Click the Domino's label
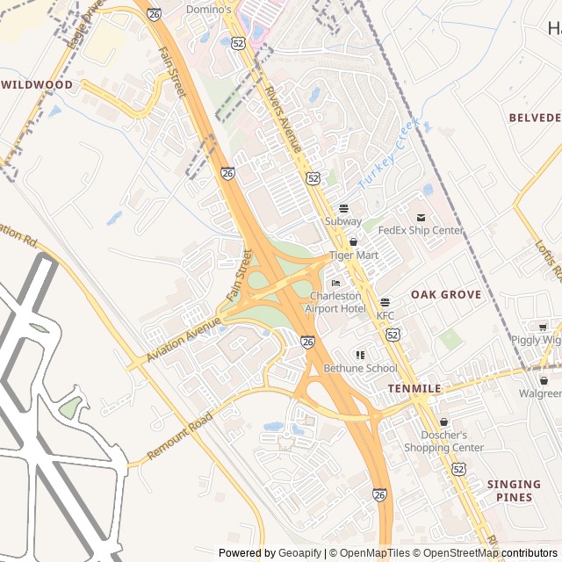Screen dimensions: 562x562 pyautogui.click(x=209, y=10)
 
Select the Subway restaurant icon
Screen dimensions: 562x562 pyautogui.click(x=343, y=209)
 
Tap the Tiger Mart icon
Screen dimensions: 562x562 pyautogui.click(x=354, y=241)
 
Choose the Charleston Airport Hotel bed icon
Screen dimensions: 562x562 pyautogui.click(x=335, y=284)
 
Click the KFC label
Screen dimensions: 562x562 pyautogui.click(x=385, y=315)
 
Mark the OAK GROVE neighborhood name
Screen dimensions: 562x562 pyautogui.click(x=446, y=295)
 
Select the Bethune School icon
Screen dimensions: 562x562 pyautogui.click(x=360, y=355)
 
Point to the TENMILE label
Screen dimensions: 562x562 pyautogui.click(x=414, y=388)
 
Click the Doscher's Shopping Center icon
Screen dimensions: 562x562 pyautogui.click(x=443, y=422)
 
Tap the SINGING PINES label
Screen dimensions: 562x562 pyautogui.click(x=514, y=491)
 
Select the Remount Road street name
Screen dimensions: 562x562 pyautogui.click(x=180, y=436)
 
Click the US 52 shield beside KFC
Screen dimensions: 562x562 pyautogui.click(x=392, y=335)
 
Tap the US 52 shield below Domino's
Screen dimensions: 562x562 pyautogui.click(x=238, y=42)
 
